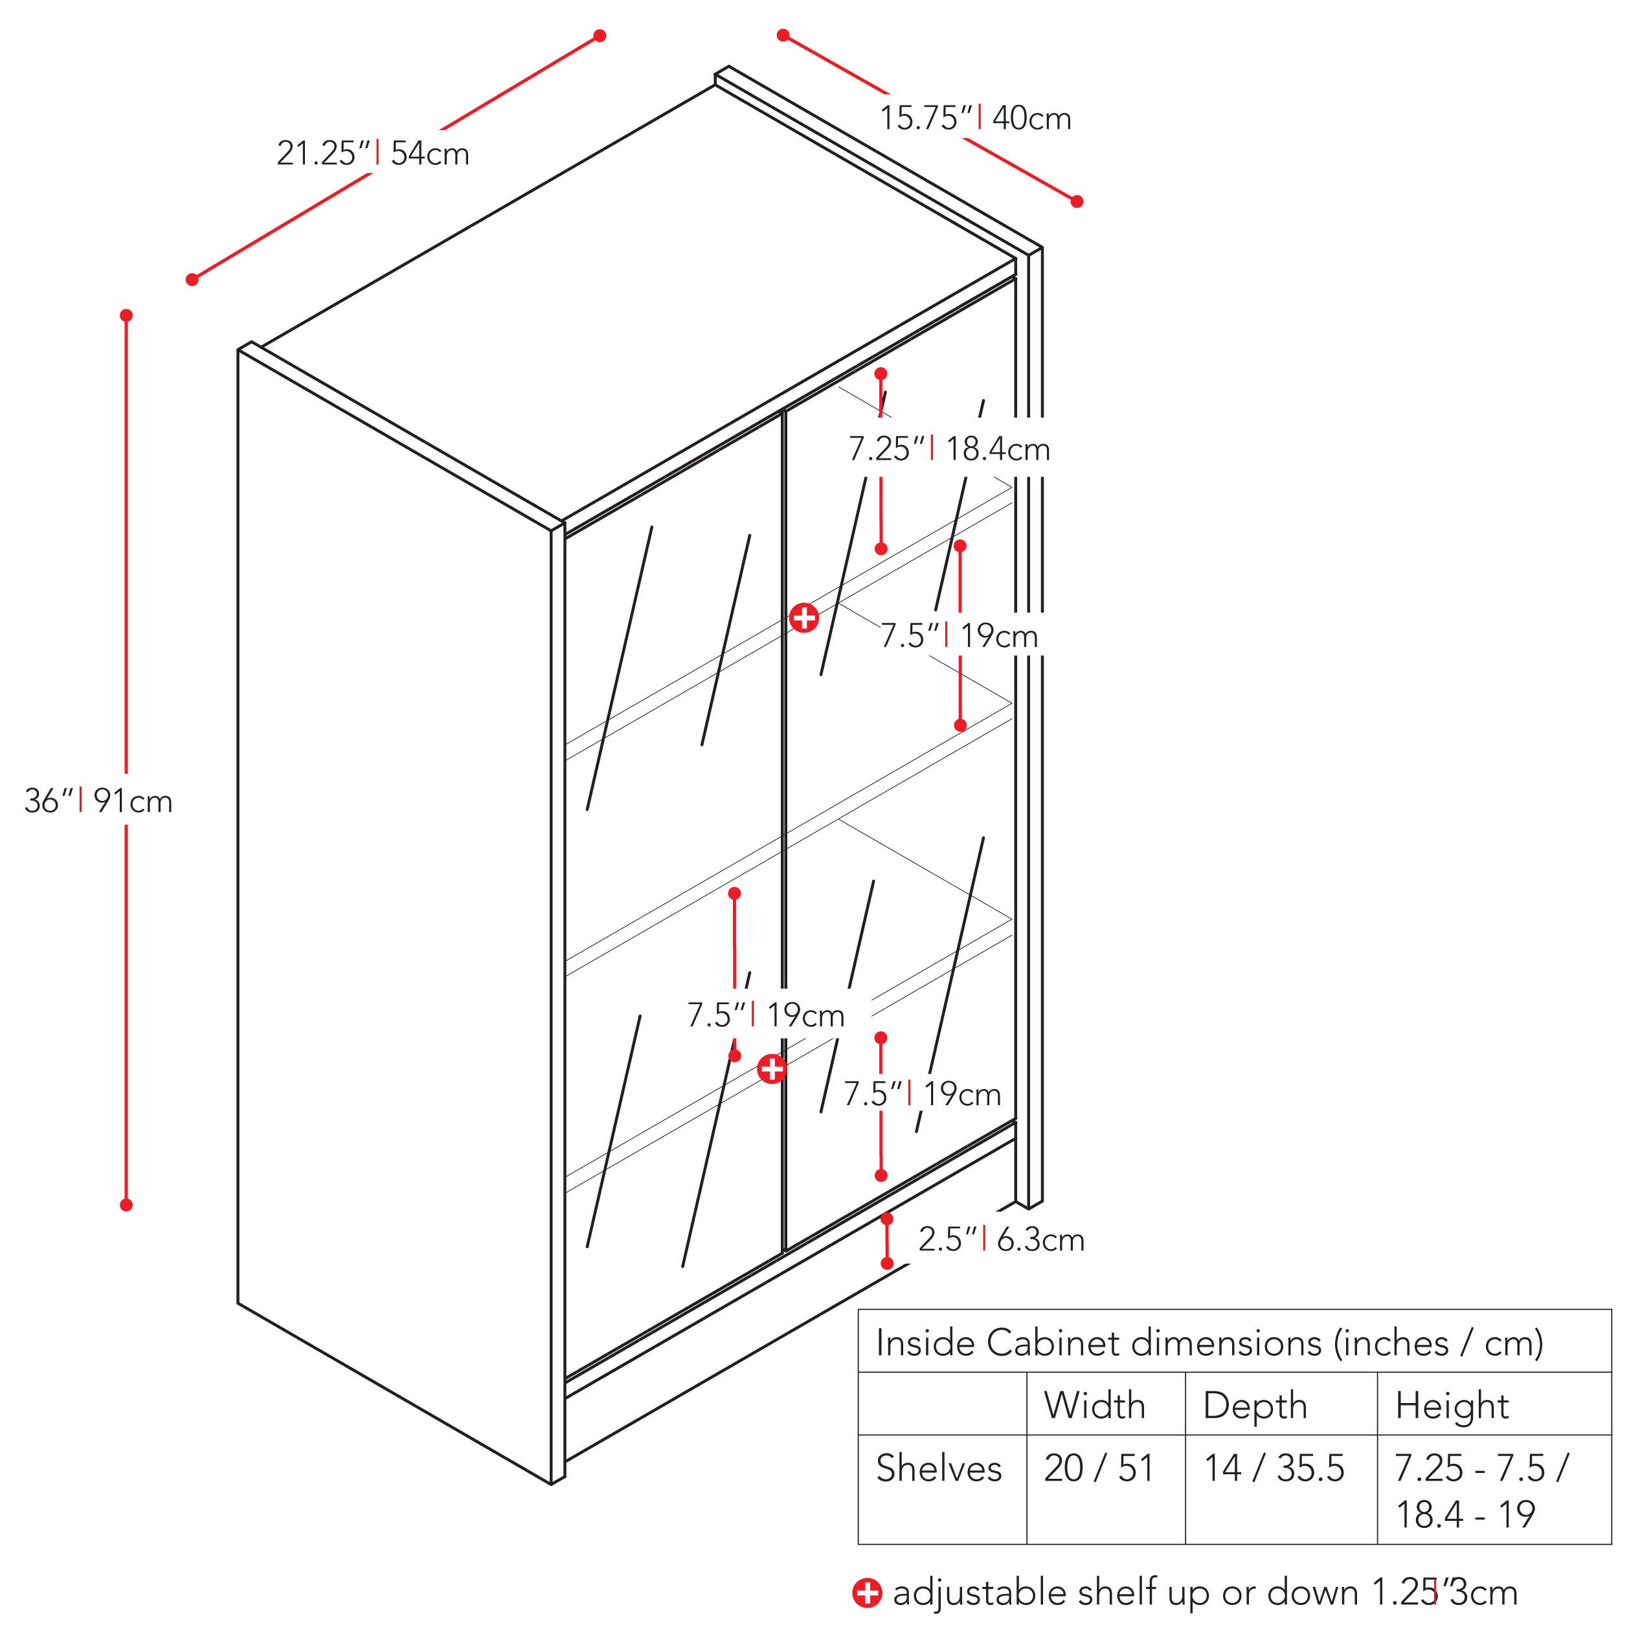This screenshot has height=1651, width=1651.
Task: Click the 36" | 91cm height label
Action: point(98,802)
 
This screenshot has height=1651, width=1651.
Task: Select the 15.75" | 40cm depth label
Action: point(975,118)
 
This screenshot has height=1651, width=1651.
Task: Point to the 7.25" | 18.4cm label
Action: point(949,449)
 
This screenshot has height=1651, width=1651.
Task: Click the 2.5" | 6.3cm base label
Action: point(1001,1239)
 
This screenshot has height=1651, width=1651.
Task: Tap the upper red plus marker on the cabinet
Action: point(803,617)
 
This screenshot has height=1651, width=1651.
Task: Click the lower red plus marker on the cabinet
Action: point(772,1068)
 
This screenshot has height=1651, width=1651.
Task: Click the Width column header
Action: point(1094,1406)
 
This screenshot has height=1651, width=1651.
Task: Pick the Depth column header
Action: point(1255,1406)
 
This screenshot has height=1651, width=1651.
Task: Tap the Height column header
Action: point(1452,1406)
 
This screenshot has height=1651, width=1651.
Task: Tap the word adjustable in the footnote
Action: point(980,1593)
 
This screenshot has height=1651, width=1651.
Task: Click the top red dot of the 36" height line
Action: point(126,315)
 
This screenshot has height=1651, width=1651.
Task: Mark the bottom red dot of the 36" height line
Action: point(126,1205)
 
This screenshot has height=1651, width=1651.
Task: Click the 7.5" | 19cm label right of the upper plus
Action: point(959,636)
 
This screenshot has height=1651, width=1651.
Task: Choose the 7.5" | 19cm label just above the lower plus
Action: point(766,1015)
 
